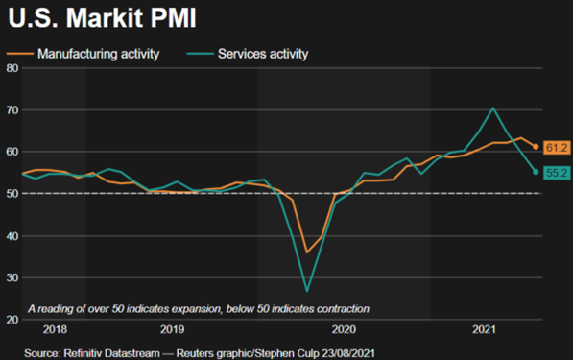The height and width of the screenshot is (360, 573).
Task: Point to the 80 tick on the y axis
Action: (x=12, y=68)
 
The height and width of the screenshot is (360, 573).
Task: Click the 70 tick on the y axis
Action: (x=12, y=110)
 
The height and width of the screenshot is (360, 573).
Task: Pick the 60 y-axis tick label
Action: (x=12, y=152)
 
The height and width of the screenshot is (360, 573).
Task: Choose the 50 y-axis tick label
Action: (x=12, y=194)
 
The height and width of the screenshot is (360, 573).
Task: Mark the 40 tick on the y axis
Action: (x=12, y=236)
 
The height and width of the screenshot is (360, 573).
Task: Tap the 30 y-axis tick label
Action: (x=12, y=278)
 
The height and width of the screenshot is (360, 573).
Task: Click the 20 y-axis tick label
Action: (x=12, y=320)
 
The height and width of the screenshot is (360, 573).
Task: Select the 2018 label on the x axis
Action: (x=56, y=329)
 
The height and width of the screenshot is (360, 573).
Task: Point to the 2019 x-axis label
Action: (x=172, y=329)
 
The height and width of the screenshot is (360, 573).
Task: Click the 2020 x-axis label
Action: (x=345, y=329)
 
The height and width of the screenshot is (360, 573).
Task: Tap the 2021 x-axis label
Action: (x=486, y=329)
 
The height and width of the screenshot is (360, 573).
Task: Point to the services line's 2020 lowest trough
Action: (x=307, y=290)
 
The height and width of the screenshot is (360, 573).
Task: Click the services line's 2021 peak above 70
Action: (x=492, y=108)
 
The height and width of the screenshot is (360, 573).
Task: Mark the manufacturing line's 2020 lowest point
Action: (x=307, y=252)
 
